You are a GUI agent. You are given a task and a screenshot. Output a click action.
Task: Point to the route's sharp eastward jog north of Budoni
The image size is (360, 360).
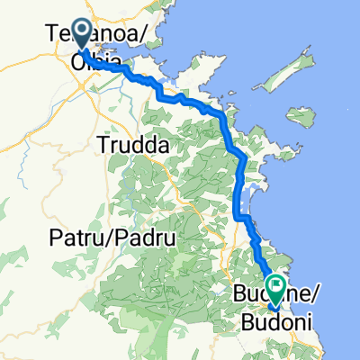(243, 216)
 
